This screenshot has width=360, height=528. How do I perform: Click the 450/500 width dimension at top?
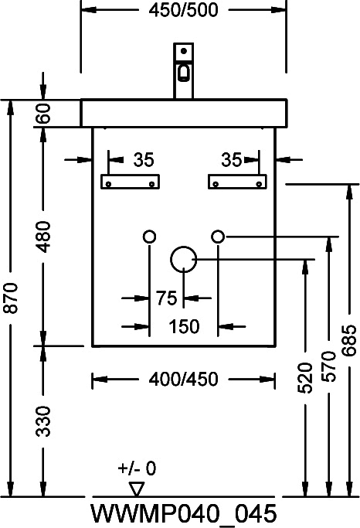[x=183, y=10]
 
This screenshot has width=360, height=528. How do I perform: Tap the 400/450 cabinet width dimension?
[x=184, y=379]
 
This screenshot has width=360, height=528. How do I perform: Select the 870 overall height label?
[x=12, y=298]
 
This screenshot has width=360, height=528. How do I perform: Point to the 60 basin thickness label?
[x=44, y=113]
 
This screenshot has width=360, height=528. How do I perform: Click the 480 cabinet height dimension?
[x=44, y=237]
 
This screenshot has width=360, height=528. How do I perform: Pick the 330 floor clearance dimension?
[x=44, y=421]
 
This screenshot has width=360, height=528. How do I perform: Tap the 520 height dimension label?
[x=305, y=377]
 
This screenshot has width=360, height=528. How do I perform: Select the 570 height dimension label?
[x=328, y=366]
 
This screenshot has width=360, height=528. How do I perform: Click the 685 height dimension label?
[x=349, y=340]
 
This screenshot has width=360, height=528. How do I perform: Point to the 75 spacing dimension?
[x=167, y=298]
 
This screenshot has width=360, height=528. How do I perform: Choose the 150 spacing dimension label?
[x=184, y=327]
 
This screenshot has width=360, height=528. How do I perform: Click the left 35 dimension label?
[x=144, y=159]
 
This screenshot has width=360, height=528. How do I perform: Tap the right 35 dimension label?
[x=232, y=159]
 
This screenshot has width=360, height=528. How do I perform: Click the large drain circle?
[x=183, y=247]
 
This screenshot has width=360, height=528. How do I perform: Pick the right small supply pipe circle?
[x=218, y=230]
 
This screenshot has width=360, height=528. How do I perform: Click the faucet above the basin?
[x=183, y=70]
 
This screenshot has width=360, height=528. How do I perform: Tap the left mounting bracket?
[x=131, y=182]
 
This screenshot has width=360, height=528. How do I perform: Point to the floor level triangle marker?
[x=137, y=489]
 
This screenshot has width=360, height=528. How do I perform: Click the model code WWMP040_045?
[x=184, y=514]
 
